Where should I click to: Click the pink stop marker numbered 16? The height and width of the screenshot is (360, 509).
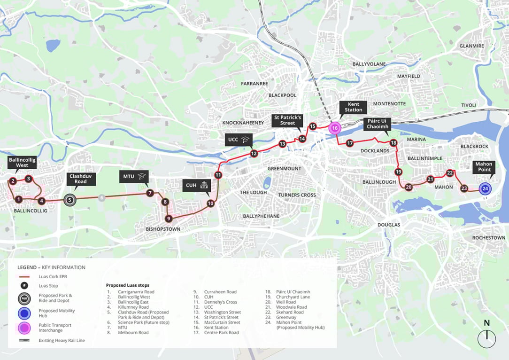click(x=335, y=127)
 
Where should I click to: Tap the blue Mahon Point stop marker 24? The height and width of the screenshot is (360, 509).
click(x=485, y=189)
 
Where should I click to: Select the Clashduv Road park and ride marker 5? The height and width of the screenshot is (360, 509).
click(x=69, y=200)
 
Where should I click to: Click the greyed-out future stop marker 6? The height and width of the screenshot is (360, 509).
click(x=101, y=198)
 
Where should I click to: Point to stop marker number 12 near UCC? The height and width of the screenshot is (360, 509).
click(x=254, y=153)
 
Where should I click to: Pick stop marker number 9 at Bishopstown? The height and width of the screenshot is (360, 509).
click(x=169, y=219)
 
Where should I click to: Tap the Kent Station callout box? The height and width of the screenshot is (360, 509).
click(x=353, y=107)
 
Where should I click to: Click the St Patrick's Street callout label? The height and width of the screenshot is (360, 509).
click(x=287, y=120)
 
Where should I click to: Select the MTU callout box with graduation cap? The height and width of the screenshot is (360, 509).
click(x=134, y=177)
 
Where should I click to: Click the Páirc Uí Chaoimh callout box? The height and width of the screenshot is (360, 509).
click(x=378, y=124)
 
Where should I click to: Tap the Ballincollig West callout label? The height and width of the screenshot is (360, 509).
click(x=22, y=163)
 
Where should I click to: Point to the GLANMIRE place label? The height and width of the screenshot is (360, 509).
click(x=471, y=46)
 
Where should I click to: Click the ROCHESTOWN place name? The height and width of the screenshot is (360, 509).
click(x=488, y=238)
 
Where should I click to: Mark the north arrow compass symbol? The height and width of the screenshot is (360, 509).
click(x=487, y=337)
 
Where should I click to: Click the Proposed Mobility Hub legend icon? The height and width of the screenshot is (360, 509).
click(x=24, y=313)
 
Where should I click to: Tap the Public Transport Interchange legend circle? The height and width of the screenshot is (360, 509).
click(x=24, y=328)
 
